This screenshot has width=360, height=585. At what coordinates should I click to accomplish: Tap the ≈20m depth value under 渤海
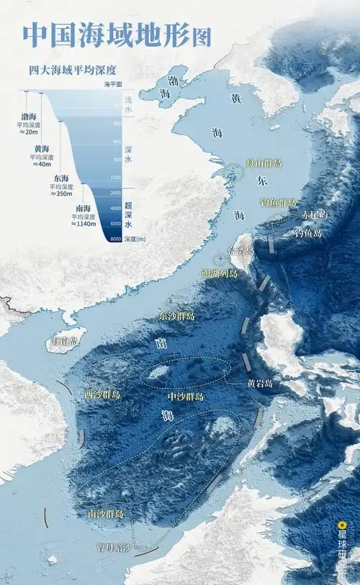29,132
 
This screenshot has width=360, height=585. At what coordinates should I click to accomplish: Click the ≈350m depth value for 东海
62,193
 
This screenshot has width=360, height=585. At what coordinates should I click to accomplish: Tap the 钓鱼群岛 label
277,202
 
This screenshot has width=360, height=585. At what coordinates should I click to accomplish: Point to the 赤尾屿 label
314,214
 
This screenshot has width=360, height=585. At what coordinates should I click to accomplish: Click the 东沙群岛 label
176,316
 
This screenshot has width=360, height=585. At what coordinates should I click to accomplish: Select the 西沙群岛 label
102,395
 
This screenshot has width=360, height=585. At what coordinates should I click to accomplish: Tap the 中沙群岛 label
185,396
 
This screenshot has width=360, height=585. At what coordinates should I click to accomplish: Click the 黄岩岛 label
259,384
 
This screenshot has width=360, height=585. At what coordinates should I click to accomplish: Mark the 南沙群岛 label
106,514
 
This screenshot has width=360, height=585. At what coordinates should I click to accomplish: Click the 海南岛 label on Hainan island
65,340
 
